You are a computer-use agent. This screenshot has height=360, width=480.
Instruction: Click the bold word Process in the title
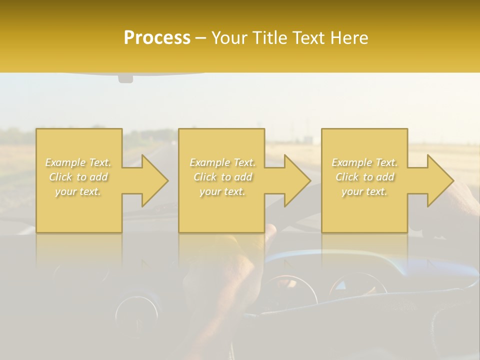coord(157,38)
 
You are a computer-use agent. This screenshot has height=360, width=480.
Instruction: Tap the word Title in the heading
coord(268,38)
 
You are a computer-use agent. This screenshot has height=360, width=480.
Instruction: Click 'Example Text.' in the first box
coord(78,162)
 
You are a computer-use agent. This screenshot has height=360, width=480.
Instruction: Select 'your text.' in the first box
coord(78,191)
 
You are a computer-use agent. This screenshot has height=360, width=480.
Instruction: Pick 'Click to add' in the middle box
coord(222,177)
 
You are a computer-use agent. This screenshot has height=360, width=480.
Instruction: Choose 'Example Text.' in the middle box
coord(222,162)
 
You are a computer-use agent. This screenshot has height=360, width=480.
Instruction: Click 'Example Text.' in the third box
coord(364,162)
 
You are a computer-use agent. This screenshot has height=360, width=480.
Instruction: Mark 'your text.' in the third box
coord(364,191)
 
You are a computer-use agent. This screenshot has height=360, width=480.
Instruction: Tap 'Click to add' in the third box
coord(364,177)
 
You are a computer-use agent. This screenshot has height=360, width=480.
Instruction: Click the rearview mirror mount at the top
coord(125,78)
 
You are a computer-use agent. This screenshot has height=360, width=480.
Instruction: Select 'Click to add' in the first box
coord(78,177)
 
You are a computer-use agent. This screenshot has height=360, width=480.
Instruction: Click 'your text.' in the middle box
coord(222,191)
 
